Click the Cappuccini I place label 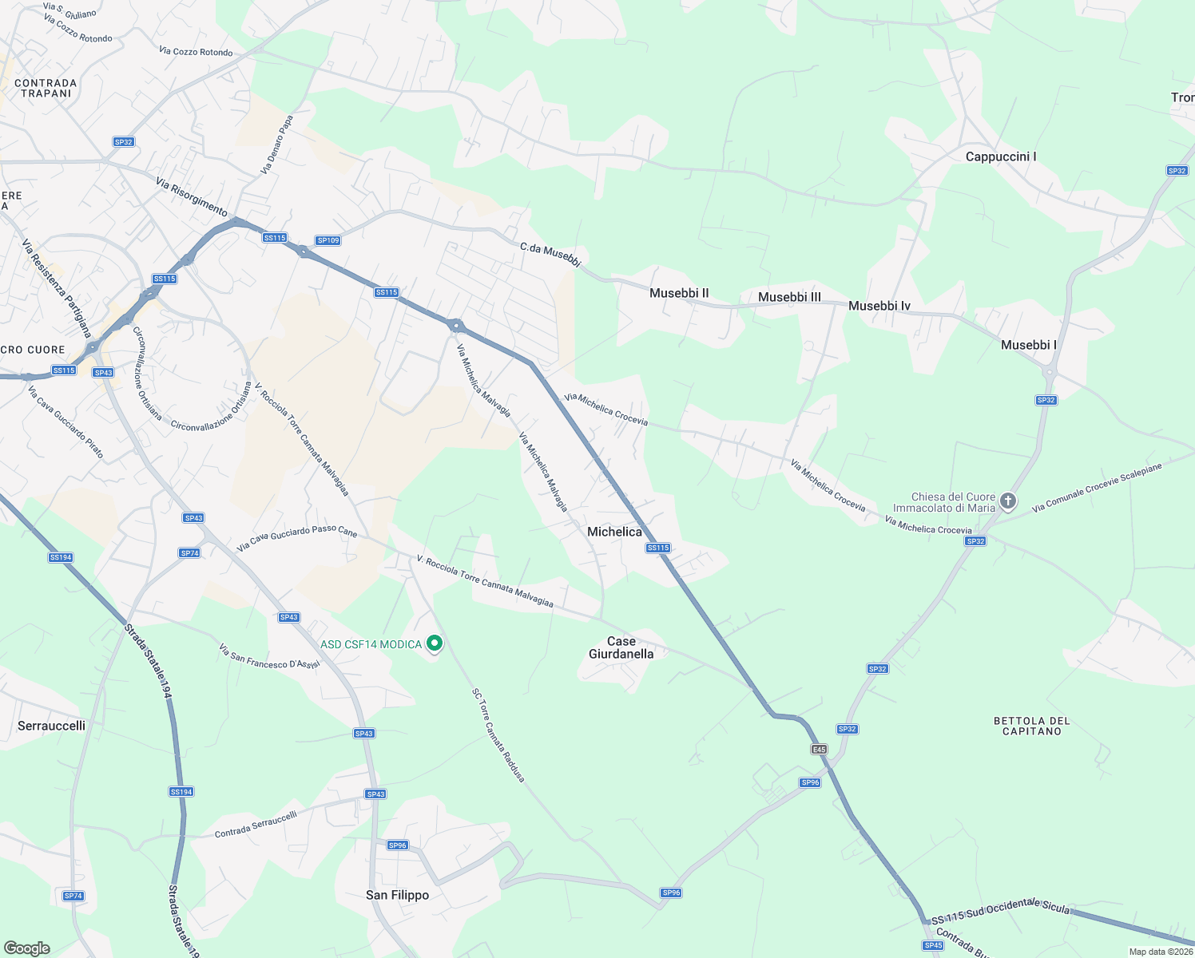(1000, 156)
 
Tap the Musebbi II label (679, 293)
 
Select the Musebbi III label (789, 297)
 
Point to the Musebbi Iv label (879, 306)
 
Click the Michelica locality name (614, 532)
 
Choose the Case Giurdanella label (621, 647)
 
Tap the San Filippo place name (397, 895)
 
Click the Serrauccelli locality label (51, 726)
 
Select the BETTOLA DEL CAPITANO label (1031, 726)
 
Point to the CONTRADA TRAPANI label (46, 88)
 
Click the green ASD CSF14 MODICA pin (435, 643)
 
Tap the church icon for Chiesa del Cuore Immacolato (1008, 501)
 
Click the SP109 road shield (328, 240)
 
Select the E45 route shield (819, 749)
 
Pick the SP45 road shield (933, 945)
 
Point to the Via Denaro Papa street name (277, 144)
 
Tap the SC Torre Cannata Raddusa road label (498, 735)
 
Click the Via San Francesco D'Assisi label (269, 657)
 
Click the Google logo (26, 948)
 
